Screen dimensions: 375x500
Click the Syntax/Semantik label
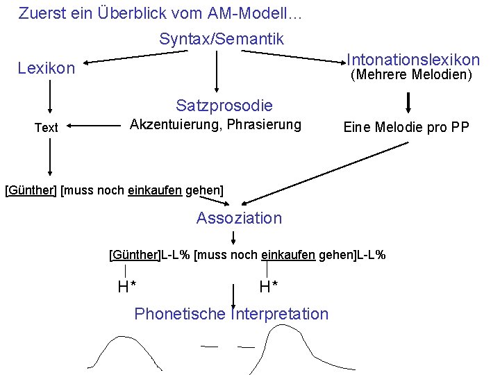(221, 39)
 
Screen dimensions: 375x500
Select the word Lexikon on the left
(46, 68)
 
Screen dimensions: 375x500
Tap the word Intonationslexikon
(412, 60)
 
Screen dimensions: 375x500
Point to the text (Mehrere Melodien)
(411, 74)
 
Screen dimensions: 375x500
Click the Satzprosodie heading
(224, 106)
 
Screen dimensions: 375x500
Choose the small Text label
(47, 128)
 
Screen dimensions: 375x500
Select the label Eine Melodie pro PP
(406, 127)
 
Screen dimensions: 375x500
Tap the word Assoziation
(239, 218)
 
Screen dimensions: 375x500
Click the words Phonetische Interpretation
(231, 314)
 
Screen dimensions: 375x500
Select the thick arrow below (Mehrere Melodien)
(408, 102)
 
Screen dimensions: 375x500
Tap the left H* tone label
(126, 286)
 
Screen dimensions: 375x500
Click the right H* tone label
(269, 286)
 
